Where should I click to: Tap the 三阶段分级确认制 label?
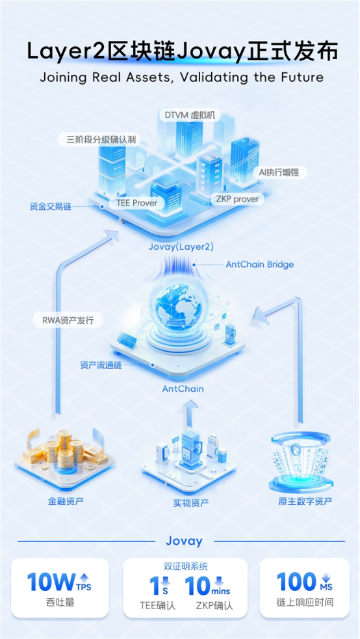pos(102,140)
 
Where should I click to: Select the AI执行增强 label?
pos(279,172)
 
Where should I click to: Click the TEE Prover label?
pos(136,203)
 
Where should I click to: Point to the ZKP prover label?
pos(237,200)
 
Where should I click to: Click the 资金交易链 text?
pos(51,207)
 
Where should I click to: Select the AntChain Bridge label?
pos(260,265)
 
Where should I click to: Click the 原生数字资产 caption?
pos(305,501)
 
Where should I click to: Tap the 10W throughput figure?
pos(51,582)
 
